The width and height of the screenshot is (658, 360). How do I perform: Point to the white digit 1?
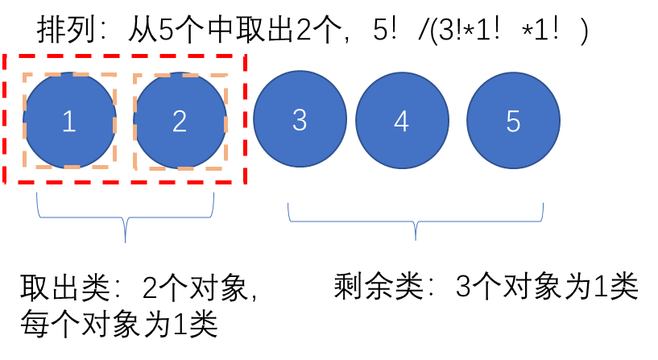click(69, 122)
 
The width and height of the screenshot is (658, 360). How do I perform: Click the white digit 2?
click(180, 122)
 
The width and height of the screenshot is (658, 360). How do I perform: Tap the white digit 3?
click(300, 120)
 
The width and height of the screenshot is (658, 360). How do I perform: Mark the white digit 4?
click(402, 122)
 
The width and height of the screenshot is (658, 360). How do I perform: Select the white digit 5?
click(513, 122)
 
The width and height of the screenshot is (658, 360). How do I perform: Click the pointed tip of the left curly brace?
click(126, 241)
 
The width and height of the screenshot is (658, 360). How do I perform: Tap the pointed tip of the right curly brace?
click(416, 239)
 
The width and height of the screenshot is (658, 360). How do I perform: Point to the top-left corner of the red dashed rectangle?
click(6, 56)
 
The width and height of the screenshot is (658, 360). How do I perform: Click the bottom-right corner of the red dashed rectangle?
click(245, 183)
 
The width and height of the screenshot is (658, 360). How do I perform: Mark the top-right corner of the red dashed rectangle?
click(245, 56)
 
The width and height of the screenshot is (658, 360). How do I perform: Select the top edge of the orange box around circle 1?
click(69, 75)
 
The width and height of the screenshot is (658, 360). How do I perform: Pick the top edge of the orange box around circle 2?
click(180, 76)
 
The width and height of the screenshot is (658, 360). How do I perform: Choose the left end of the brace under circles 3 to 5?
click(288, 204)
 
